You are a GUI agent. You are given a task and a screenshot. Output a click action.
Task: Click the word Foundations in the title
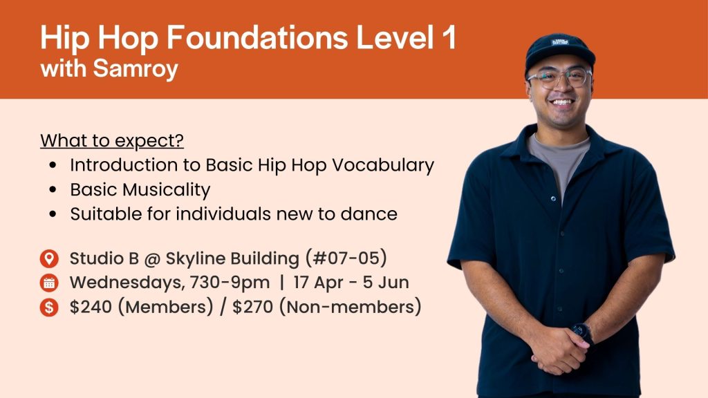257,37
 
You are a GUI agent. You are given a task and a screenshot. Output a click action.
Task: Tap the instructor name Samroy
136,70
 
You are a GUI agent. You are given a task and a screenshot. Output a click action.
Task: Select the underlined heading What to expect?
112,141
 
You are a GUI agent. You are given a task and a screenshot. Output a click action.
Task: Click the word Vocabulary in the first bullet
383,166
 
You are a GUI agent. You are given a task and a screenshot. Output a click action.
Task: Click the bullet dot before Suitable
53,214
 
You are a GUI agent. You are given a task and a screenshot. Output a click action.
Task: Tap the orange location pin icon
49,258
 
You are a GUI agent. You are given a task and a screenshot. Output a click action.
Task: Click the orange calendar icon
49,283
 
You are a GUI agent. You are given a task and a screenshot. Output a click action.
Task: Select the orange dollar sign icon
49,307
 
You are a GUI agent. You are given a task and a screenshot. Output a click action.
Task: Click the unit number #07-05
346,258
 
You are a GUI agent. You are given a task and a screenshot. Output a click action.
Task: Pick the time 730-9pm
230,283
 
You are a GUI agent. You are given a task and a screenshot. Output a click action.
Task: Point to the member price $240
91,307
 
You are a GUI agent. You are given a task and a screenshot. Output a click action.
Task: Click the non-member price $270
253,307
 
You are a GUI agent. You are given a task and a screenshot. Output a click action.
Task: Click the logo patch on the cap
560,43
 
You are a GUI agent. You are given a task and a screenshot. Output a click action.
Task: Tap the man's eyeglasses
559,77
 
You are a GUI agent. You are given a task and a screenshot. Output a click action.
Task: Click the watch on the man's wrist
581,333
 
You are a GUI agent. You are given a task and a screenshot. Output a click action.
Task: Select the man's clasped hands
558,350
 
